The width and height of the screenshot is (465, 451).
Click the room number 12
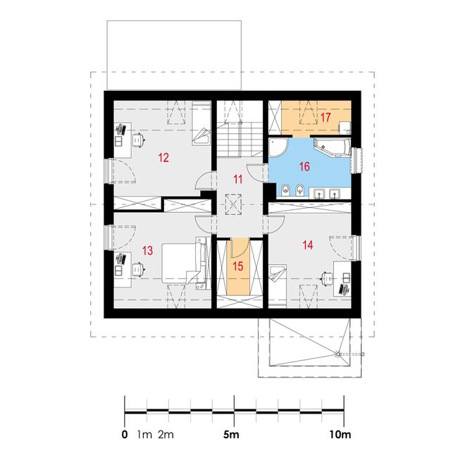pyautogui.click(x=163, y=157)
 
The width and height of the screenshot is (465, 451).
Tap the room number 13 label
pyautogui.click(x=147, y=250)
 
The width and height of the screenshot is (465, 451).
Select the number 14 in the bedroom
pyautogui.click(x=308, y=245)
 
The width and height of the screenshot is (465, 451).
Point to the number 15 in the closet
pyautogui.click(x=238, y=266)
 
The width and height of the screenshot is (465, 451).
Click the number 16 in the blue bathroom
pyautogui.click(x=304, y=166)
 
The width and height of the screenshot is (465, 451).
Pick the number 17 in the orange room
pyautogui.click(x=325, y=117)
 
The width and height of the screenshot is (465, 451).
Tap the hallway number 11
pyautogui.click(x=238, y=179)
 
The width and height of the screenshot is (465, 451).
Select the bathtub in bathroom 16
pyautogui.click(x=332, y=147)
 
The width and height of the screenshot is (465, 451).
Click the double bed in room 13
pyautogui.click(x=184, y=262)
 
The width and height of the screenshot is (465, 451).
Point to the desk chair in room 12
pyautogui.click(x=138, y=140)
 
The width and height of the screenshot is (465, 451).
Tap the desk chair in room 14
pyautogui.click(x=327, y=279)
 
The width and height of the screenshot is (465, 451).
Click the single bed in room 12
pyautogui.click(x=201, y=123)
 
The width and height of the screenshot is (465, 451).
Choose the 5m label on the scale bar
pyautogui.click(x=230, y=435)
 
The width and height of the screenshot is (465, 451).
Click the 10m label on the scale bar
pyautogui.click(x=340, y=435)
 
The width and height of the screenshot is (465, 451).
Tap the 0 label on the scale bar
pyautogui.click(x=125, y=435)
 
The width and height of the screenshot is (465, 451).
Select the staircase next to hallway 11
pyautogui.click(x=240, y=140)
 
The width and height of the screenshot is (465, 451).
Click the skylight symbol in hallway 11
pyautogui.click(x=233, y=204)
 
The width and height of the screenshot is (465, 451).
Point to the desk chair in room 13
pyautogui.click(x=138, y=269)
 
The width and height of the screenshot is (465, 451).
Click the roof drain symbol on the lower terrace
pyautogui.click(x=337, y=354)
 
